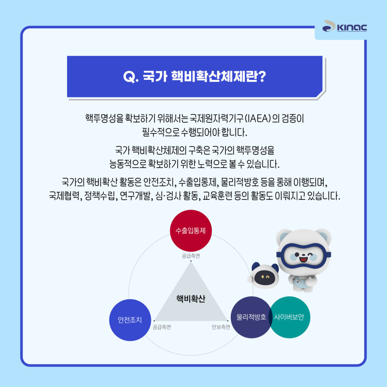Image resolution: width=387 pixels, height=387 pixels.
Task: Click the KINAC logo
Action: pyautogui.click(x=344, y=26)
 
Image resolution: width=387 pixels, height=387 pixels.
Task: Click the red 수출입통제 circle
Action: pyautogui.click(x=191, y=231)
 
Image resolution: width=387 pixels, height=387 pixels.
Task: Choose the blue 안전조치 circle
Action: pyautogui.click(x=130, y=320)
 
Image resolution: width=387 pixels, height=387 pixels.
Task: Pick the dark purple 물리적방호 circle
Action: pyautogui.click(x=251, y=317)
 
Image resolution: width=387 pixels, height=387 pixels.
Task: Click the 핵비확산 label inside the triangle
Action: pyautogui.click(x=191, y=299)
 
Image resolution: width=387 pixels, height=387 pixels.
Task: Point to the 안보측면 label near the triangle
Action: pyautogui.click(x=221, y=327)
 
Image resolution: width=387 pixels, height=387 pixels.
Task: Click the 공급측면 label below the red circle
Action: pyautogui.click(x=191, y=256)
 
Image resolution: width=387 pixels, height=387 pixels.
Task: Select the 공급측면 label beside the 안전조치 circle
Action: pyautogui.click(x=162, y=327)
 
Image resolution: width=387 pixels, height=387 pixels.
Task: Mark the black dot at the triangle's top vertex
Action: pyautogui.click(x=191, y=261)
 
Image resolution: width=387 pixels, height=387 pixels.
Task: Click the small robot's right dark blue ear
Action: pyautogui.click(x=275, y=267)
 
